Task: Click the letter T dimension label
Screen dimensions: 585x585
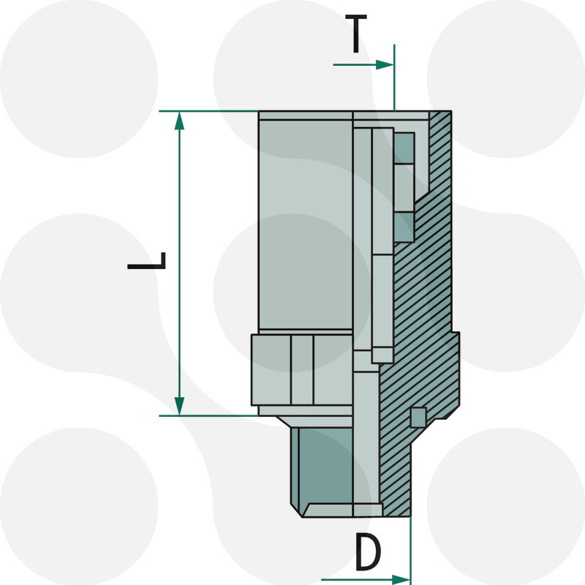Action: click(356, 36)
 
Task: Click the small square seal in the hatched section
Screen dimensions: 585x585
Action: click(417, 417)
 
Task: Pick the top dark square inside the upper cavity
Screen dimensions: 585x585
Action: click(404, 148)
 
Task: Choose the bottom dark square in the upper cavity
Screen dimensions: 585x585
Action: click(404, 227)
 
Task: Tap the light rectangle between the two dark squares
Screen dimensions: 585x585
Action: click(404, 188)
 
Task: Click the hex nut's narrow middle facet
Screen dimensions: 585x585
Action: click(301, 369)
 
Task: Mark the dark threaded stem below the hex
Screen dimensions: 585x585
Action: click(325, 468)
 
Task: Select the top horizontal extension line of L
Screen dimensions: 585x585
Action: click(208, 111)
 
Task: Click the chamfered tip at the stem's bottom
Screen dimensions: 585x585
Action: click(344, 510)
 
